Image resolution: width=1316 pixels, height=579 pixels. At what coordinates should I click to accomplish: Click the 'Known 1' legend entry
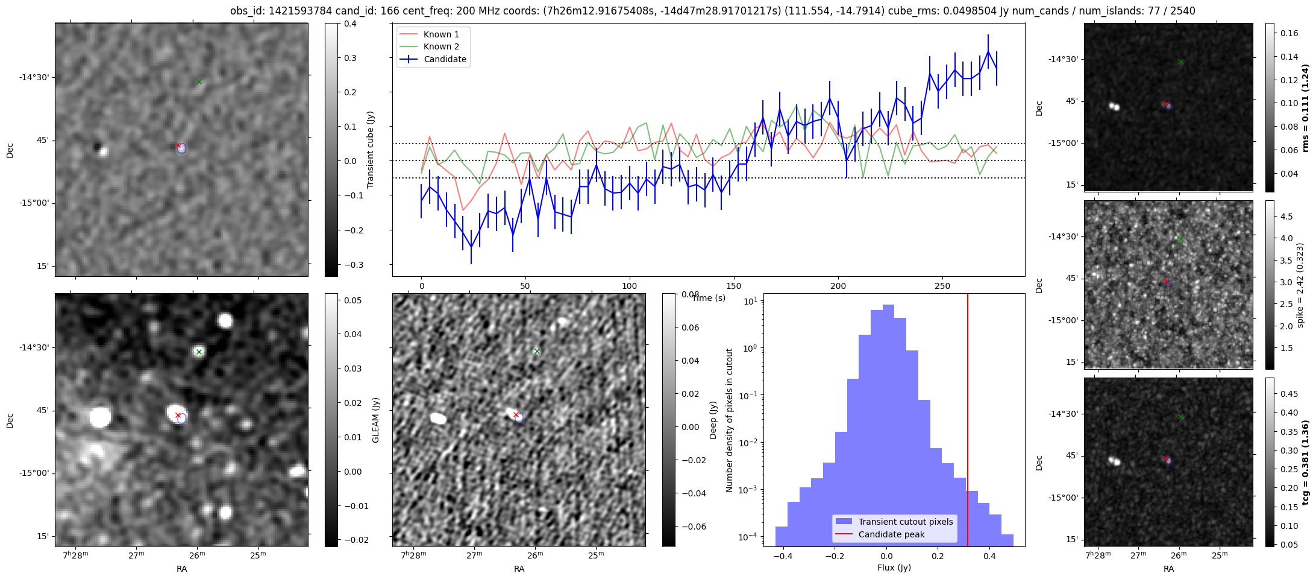point(441,34)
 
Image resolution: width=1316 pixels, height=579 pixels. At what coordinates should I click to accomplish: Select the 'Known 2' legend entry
point(441,46)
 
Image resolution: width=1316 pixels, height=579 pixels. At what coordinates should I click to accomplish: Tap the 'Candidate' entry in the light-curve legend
point(445,59)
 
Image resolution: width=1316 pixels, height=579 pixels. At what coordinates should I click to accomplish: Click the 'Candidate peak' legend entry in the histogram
point(891,534)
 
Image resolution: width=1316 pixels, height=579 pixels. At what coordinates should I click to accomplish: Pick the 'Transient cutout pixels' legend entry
point(906,522)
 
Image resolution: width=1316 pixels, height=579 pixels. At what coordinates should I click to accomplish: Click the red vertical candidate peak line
point(968,422)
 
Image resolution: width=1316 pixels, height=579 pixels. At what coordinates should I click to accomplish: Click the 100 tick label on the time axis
point(630,286)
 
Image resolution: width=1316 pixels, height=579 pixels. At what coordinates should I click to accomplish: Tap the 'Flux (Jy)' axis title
point(894,568)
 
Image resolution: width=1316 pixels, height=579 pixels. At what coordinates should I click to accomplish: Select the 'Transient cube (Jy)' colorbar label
point(371,150)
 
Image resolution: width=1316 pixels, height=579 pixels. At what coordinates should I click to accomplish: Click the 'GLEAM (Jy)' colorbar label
point(375,420)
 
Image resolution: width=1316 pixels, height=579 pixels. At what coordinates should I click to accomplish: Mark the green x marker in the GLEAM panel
point(199,352)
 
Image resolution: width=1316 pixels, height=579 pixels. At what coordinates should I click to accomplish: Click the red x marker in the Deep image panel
point(516,414)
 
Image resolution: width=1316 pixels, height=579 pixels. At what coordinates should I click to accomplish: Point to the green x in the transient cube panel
point(199,81)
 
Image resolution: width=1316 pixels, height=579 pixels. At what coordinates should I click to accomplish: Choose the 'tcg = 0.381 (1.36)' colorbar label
point(1306,463)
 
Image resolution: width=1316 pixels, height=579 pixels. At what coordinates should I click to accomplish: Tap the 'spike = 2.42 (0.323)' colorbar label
point(1300,285)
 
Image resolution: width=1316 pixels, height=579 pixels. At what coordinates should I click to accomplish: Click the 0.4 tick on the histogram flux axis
point(989,557)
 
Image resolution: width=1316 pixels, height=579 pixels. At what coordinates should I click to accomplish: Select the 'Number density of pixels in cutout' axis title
point(730,420)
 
